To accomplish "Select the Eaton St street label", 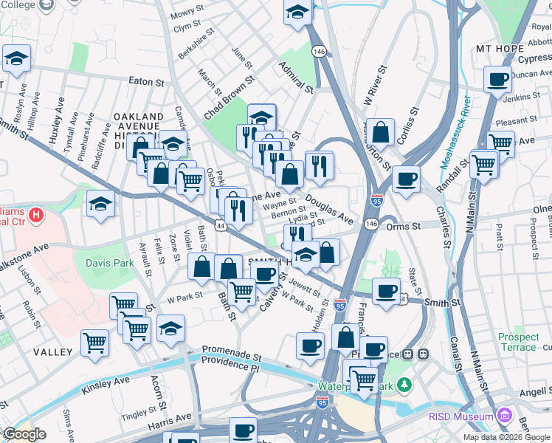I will pos(146,82).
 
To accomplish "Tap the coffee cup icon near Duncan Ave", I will pos(497,79).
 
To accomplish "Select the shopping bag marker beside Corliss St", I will pos(380,133).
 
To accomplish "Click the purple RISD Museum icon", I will pos(505,416).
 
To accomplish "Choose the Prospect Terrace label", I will pos(518,342).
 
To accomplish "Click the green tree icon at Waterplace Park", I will pos(404,385).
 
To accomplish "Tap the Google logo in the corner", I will pos(24,434).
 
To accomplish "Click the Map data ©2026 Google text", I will pos(506,437).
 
